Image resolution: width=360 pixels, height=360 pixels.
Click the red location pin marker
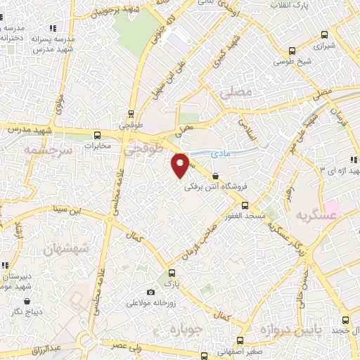point(181,165)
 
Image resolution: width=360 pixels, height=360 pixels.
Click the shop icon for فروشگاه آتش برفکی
point(215,177)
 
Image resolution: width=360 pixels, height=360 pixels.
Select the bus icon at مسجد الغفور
point(244,205)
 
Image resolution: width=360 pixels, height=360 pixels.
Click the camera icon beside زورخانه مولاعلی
point(150,292)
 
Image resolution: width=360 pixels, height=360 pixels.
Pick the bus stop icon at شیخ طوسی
point(292,51)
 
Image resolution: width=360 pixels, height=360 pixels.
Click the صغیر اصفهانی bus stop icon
point(204,355)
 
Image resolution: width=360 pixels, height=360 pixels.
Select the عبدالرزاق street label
point(68,348)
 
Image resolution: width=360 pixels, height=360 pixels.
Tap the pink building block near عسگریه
point(331,210)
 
